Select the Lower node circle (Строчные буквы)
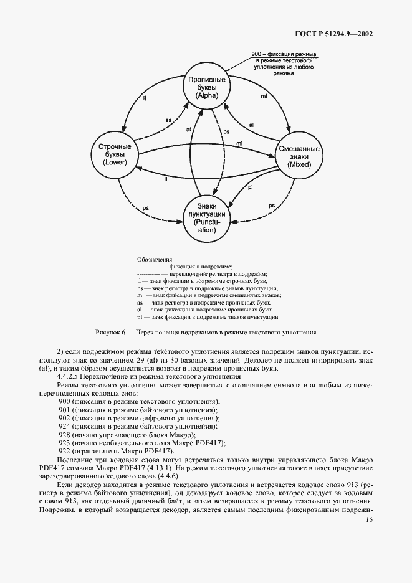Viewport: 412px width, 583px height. pyautogui.click(x=112, y=154)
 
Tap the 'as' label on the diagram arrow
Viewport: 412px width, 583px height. pyautogui.click(x=168, y=119)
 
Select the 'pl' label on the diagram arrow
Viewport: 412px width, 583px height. pyautogui.click(x=249, y=187)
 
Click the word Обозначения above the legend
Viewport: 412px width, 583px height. pyautogui.click(x=155, y=259)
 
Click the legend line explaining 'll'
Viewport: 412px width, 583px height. pyautogui.click(x=201, y=282)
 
